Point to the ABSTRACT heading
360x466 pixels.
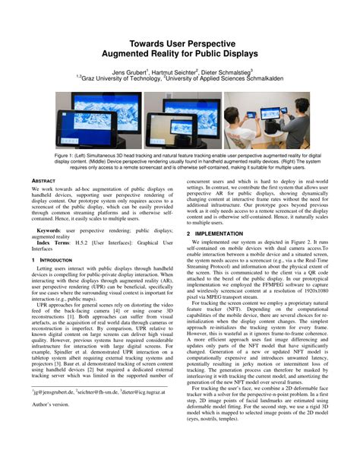[43, 180]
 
